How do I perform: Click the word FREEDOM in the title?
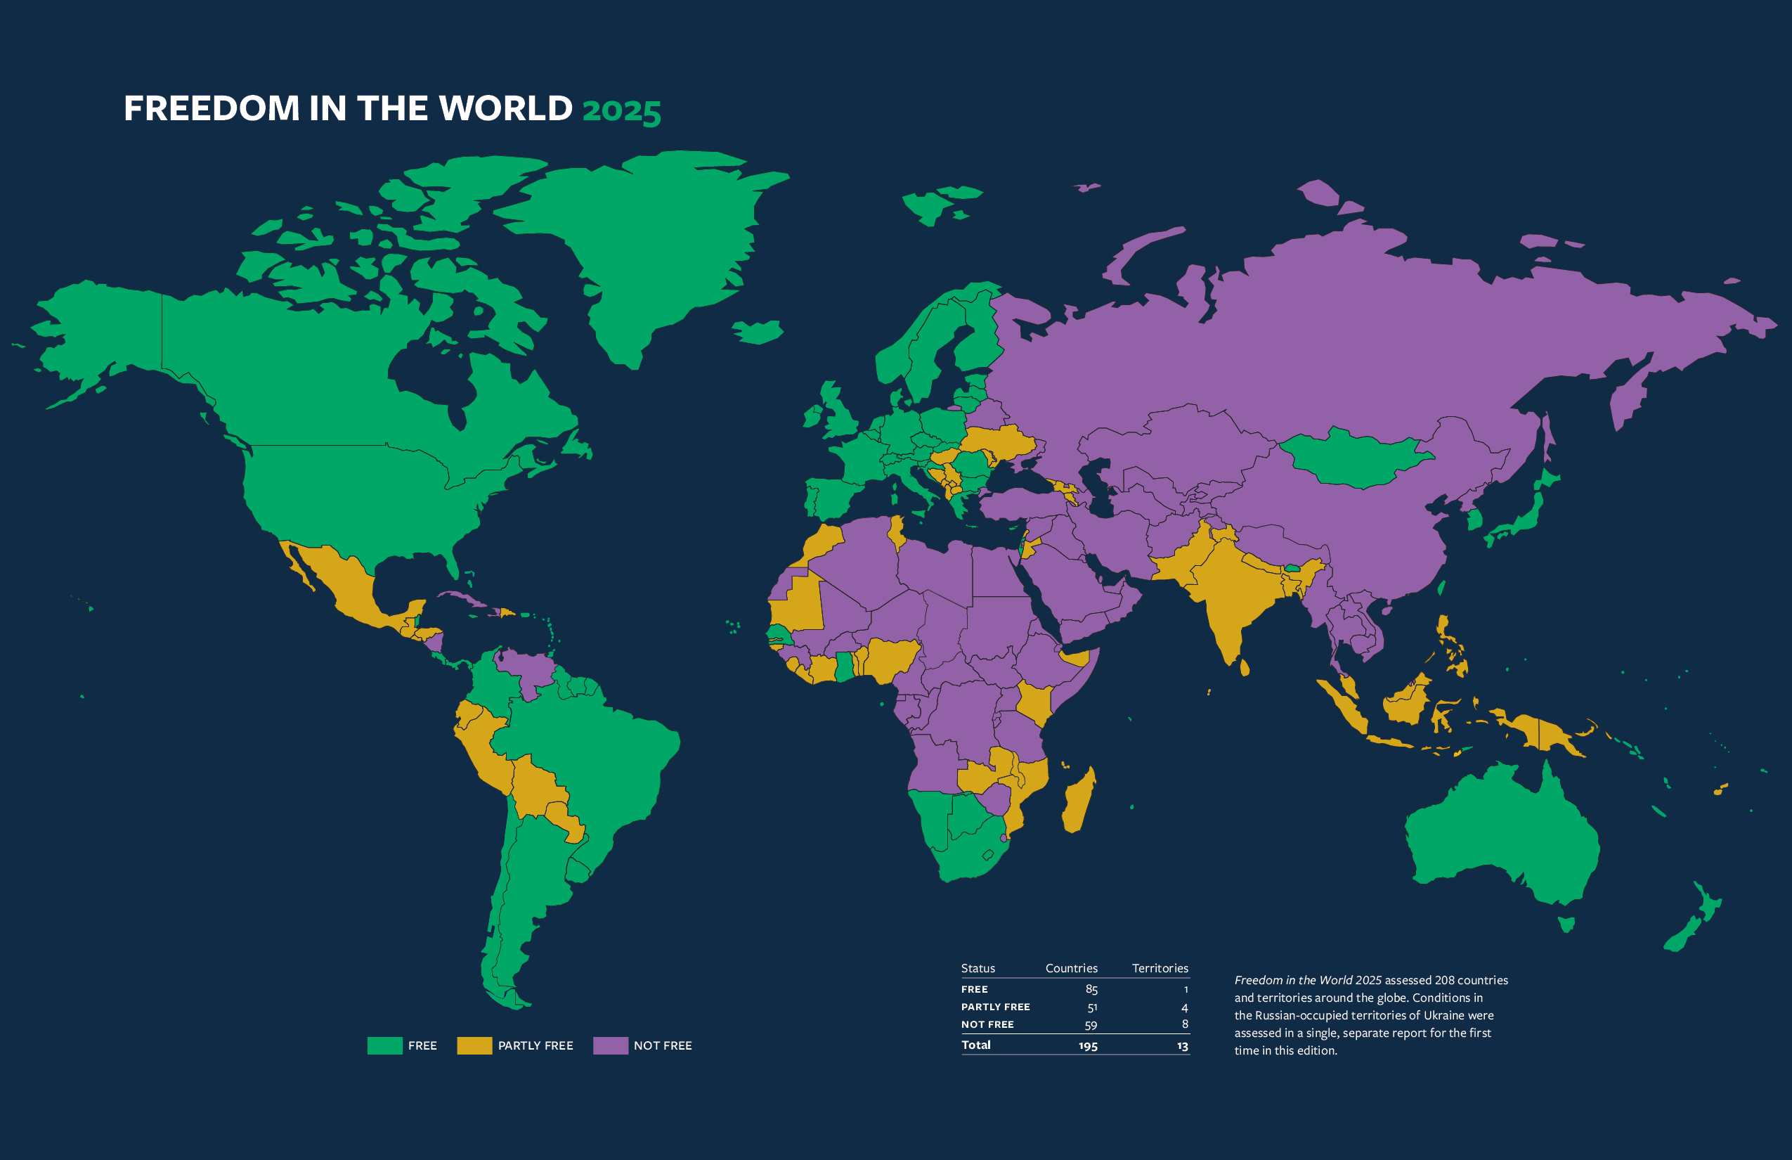pyautogui.click(x=212, y=108)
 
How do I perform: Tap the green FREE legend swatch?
pyautogui.click(x=385, y=1045)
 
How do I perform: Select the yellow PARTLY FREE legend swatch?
pyautogui.click(x=474, y=1045)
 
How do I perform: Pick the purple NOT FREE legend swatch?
pyautogui.click(x=611, y=1045)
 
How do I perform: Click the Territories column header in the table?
pyautogui.click(x=1160, y=968)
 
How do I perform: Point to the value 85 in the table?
pyautogui.click(x=1091, y=989)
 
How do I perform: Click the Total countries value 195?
pyautogui.click(x=1088, y=1045)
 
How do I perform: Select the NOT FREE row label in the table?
pyautogui.click(x=987, y=1024)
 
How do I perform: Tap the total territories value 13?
pyautogui.click(x=1182, y=1045)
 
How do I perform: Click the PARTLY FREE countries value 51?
pyautogui.click(x=1092, y=1007)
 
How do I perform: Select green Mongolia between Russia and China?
pyautogui.click(x=1351, y=458)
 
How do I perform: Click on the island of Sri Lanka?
pyautogui.click(x=1245, y=667)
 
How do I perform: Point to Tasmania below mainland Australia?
pyautogui.click(x=1566, y=924)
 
